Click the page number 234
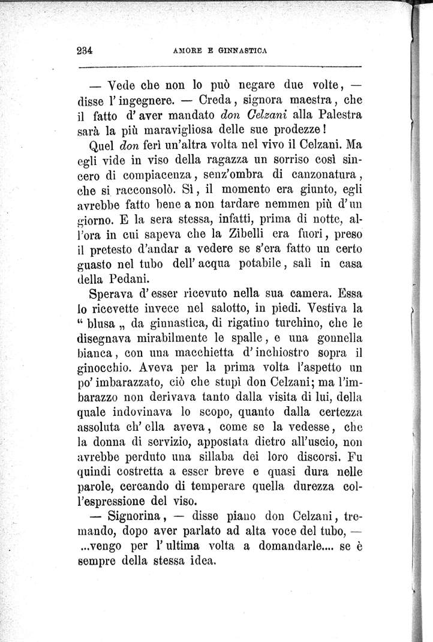88,51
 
